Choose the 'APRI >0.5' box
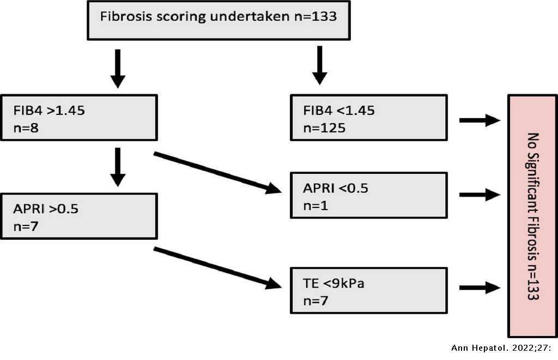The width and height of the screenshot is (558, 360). click(79, 216)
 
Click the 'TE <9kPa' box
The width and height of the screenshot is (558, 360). click(368, 290)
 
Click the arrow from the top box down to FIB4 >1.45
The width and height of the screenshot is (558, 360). click(117, 68)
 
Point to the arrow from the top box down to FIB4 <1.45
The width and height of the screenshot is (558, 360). click(319, 65)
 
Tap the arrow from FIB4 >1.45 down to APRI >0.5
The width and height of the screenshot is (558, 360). click(117, 168)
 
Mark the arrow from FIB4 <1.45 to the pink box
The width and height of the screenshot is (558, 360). click(480, 120)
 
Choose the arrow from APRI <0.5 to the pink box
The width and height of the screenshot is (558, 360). click(480, 194)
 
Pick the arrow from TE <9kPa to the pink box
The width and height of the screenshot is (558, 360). click(480, 289)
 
